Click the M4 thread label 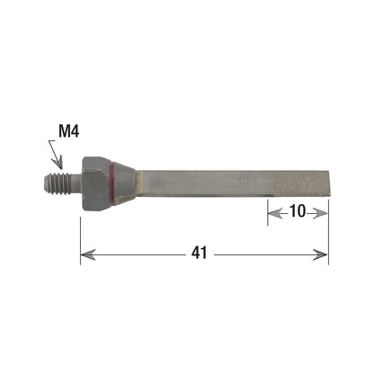tap(69, 131)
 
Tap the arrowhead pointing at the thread tap(58, 163)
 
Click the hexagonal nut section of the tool tap(96, 183)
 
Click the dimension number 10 tap(298, 211)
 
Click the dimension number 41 tap(200, 253)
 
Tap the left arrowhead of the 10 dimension tap(275, 214)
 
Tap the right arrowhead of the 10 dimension tap(319, 213)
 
